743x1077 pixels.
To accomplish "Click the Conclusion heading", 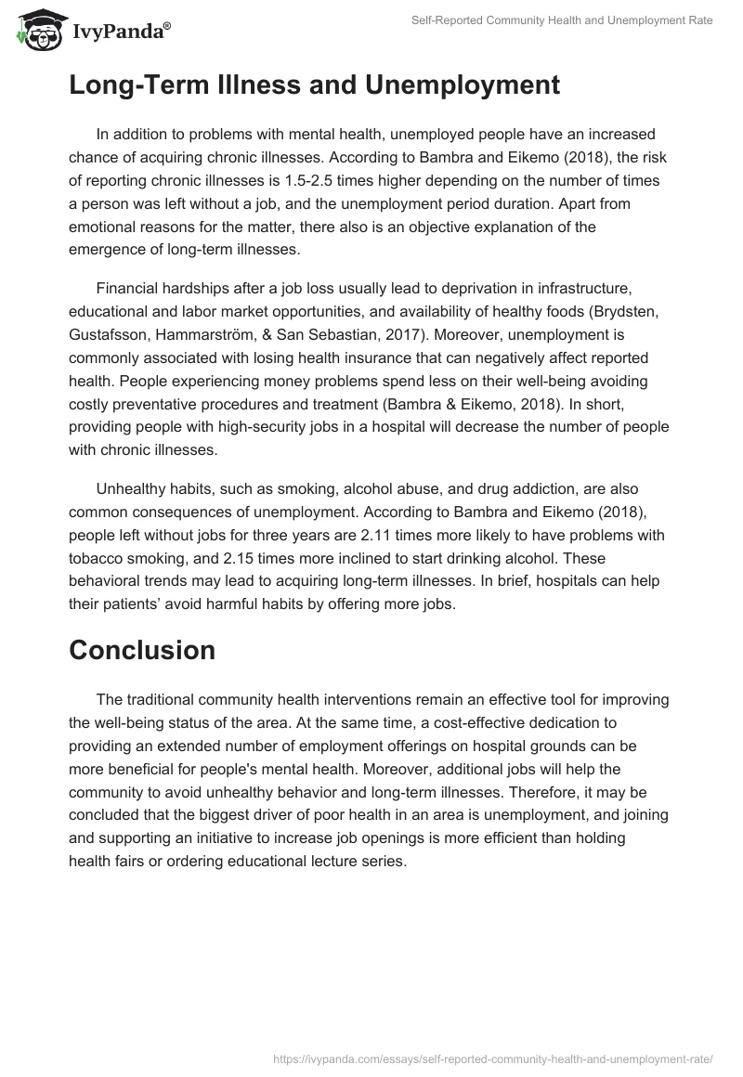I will tap(142, 650).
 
